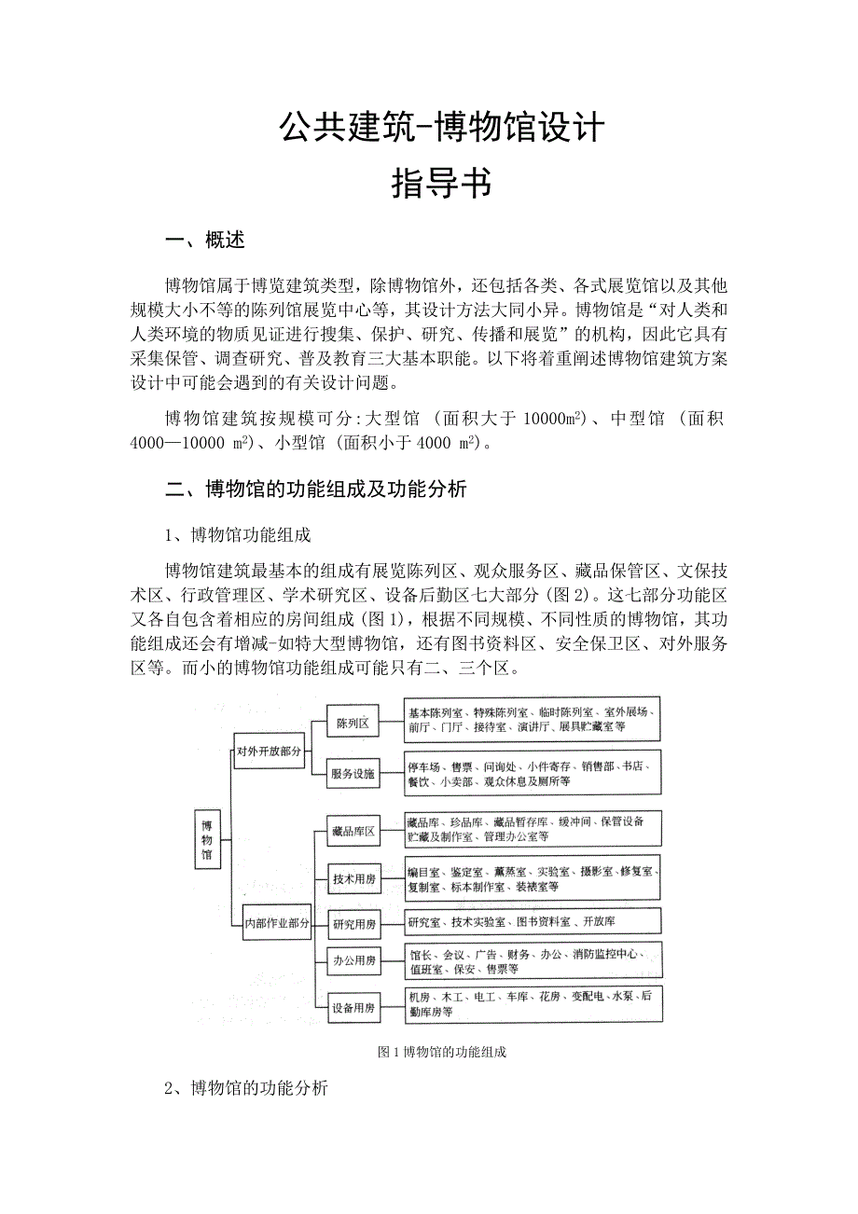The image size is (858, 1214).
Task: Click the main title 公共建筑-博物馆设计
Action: [441, 128]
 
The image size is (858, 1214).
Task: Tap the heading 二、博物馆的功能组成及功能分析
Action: [315, 489]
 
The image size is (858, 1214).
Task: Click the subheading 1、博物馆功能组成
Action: [237, 535]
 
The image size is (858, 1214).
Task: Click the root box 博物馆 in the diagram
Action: [207, 838]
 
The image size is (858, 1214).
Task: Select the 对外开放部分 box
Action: [270, 750]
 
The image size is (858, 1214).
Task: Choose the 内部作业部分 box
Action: [276, 923]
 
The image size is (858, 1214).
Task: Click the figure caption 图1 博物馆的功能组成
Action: [441, 1052]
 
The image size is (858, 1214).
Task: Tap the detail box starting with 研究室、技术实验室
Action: [533, 922]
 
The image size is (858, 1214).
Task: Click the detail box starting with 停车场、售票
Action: [533, 773]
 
